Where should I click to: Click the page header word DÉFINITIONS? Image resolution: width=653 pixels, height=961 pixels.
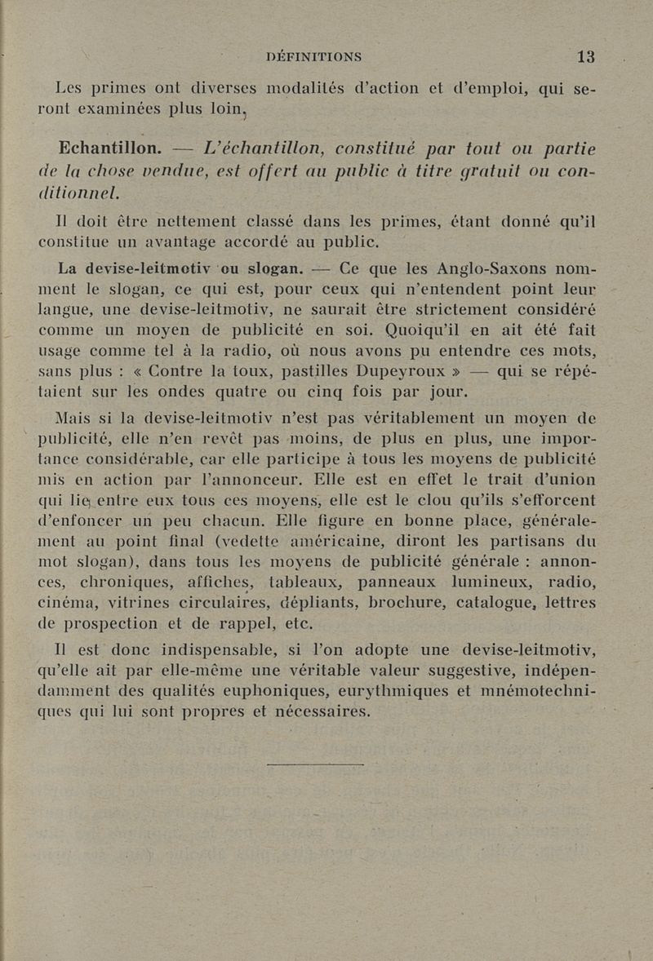click(x=314, y=57)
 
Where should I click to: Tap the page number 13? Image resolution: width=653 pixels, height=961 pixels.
click(x=585, y=56)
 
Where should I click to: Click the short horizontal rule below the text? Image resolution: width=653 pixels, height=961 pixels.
click(x=315, y=764)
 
